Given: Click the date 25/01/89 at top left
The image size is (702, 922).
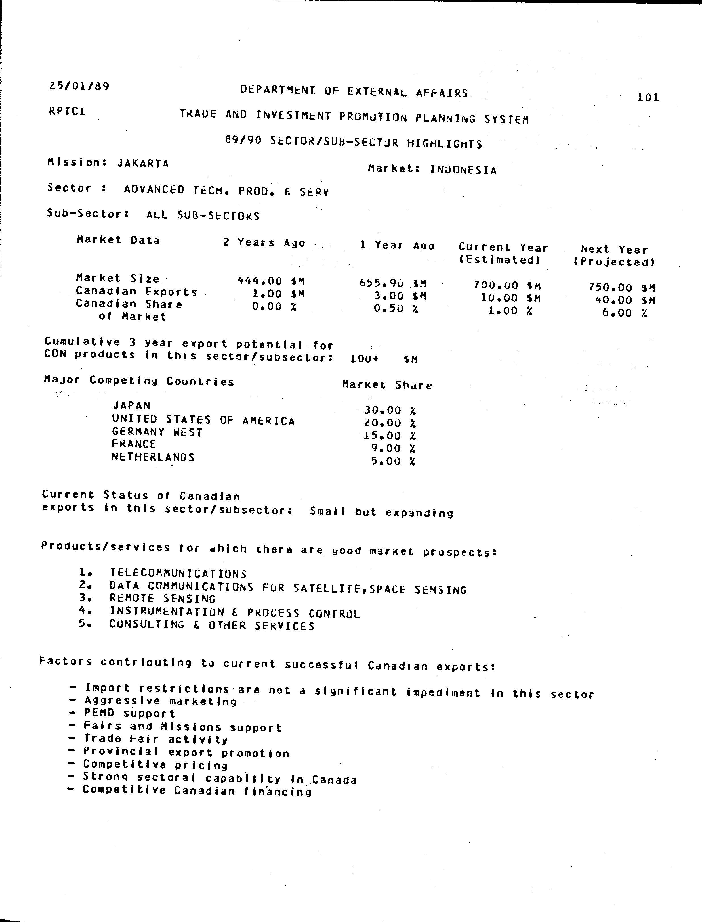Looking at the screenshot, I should (x=79, y=87).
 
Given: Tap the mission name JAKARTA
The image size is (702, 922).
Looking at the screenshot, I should (x=143, y=163).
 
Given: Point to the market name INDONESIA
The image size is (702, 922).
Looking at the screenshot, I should (x=463, y=170).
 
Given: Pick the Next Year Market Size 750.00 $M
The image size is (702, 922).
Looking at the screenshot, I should (x=622, y=287).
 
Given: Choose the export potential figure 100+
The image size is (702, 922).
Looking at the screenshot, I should (x=364, y=359).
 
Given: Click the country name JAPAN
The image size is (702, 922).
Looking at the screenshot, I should (x=131, y=405).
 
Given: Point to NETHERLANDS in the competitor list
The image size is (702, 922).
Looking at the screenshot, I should (x=153, y=457).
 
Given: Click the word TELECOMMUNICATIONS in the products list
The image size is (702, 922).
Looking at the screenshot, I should (x=178, y=573).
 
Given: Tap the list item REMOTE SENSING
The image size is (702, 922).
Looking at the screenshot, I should (x=163, y=599).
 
